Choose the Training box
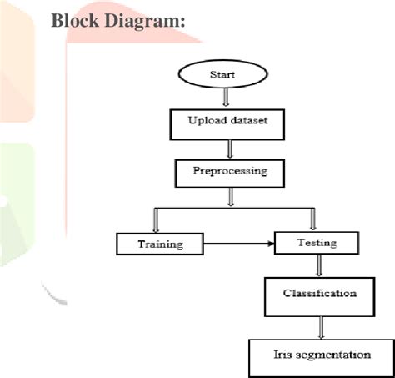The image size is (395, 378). coord(159,244)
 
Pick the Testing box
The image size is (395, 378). coord(316,243)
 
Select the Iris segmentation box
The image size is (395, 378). coord(321,355)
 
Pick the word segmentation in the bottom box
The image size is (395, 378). coord(331,355)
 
